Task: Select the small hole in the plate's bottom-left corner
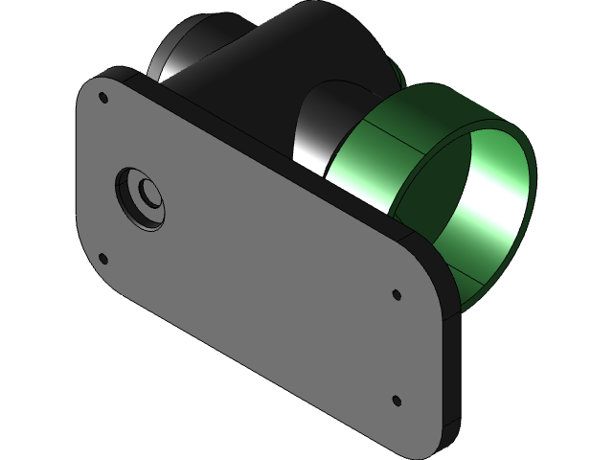[102, 256]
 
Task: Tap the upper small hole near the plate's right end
[396, 294]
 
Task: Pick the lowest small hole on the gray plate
[396, 398]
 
